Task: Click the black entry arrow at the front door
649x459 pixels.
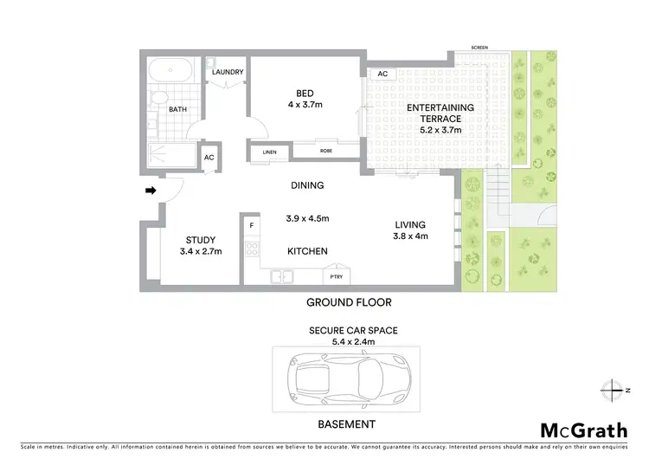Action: [x=150, y=190]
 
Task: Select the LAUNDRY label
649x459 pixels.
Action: [x=228, y=72]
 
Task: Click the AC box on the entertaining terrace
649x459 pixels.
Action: [x=382, y=74]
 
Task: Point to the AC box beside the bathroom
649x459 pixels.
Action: [x=209, y=157]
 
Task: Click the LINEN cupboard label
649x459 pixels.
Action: [x=265, y=153]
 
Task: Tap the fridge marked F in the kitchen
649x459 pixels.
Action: [x=251, y=227]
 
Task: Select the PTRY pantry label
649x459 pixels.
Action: [x=335, y=276]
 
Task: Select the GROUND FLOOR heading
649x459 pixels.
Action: [x=349, y=302]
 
